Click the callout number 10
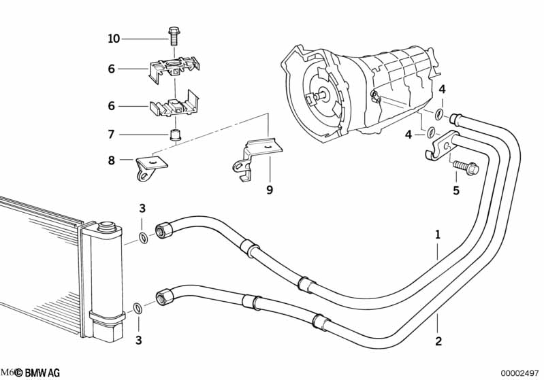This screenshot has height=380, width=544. pyautogui.click(x=114, y=39)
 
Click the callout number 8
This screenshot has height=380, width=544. pyautogui.click(x=112, y=161)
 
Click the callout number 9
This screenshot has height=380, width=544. pyautogui.click(x=269, y=190)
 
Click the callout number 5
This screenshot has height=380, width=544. pyautogui.click(x=456, y=191)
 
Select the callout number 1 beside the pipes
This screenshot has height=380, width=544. pyautogui.click(x=438, y=235)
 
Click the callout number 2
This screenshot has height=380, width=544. pyautogui.click(x=438, y=341)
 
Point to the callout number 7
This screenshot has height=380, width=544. pyautogui.click(x=112, y=135)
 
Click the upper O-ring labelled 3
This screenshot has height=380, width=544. pyautogui.click(x=142, y=238)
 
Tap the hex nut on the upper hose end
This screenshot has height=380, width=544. pyautogui.click(x=165, y=230)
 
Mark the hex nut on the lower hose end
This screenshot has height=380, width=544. pyautogui.click(x=165, y=297)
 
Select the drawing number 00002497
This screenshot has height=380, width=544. pyautogui.click(x=520, y=373)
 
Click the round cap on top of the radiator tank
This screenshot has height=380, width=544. pyautogui.click(x=107, y=226)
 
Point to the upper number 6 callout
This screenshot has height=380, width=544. pyautogui.click(x=112, y=69)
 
